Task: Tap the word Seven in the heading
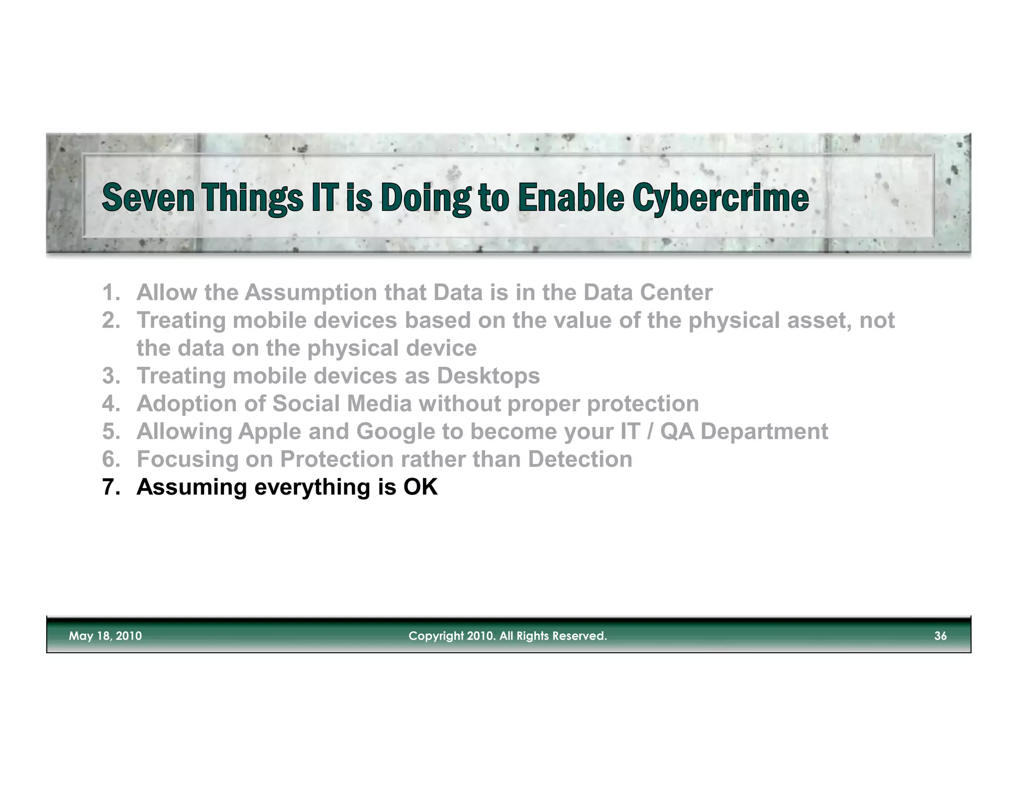click(x=148, y=198)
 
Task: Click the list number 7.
click(x=110, y=487)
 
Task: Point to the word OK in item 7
click(x=420, y=487)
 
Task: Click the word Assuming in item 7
click(x=192, y=487)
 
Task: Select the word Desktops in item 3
click(x=488, y=376)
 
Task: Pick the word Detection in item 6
click(x=580, y=459)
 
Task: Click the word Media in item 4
click(x=379, y=403)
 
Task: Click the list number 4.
click(x=110, y=403)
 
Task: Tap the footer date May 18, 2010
click(x=105, y=636)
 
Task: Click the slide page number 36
click(x=940, y=636)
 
